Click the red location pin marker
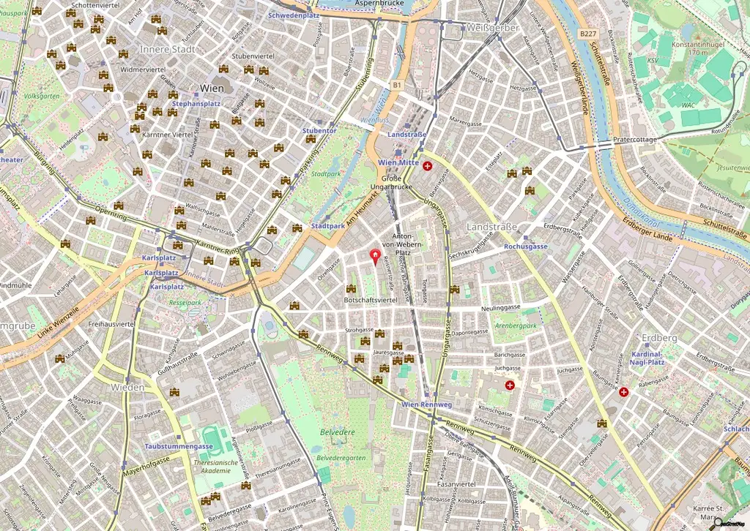pos(376,255)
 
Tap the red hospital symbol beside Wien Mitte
pos(427,166)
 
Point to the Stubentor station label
pos(319,131)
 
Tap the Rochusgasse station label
pos(525,246)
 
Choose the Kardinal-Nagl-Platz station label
pos(647,357)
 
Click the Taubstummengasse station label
pos(178,446)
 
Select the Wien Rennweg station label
pos(427,404)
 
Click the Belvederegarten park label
pos(341,457)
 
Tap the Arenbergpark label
pos(516,325)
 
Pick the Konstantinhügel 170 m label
pos(708,48)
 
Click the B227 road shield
pos(587,34)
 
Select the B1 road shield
pos(397,86)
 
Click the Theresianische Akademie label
pos(222,466)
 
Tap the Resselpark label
pos(185,301)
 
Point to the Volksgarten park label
pos(40,96)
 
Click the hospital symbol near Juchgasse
pos(510,385)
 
